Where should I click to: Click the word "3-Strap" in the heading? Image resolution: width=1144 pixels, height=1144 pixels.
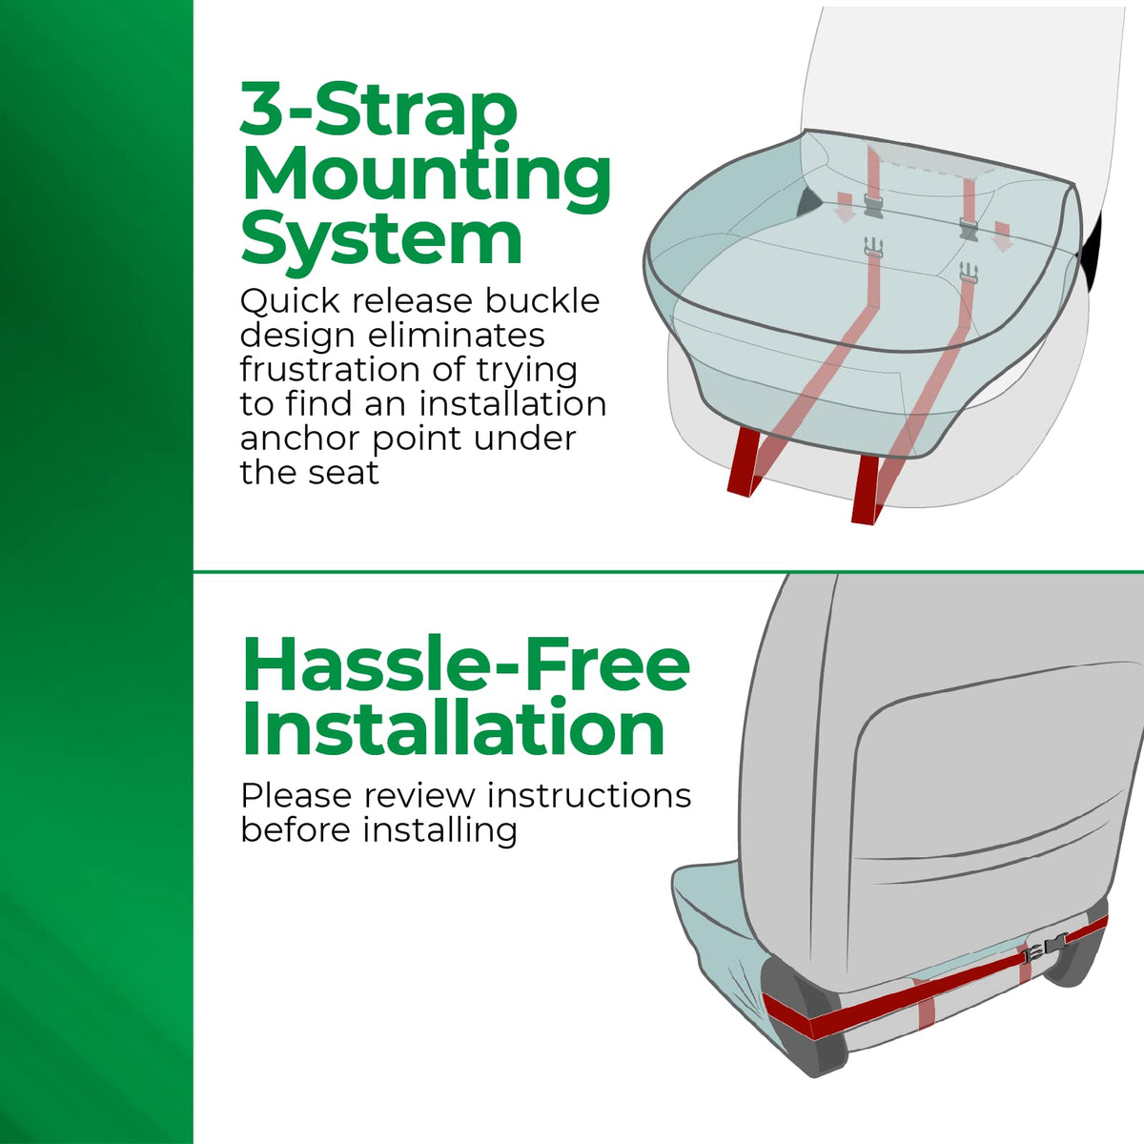(378, 109)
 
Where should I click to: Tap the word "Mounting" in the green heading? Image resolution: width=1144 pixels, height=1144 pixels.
(426, 177)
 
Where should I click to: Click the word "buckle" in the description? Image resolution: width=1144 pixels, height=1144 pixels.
(542, 300)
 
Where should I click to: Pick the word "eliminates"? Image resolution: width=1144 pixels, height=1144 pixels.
(456, 335)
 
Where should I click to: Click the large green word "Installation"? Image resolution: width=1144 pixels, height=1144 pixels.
(453, 727)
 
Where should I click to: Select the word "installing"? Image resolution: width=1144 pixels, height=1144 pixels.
(439, 831)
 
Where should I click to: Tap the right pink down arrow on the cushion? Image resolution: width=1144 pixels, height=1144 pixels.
(1003, 235)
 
